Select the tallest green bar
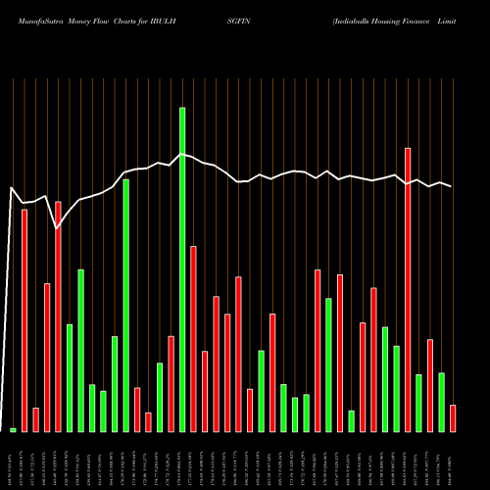click(182, 269)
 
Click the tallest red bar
click(408, 290)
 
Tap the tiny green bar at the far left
click(13, 430)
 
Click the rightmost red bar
click(453, 418)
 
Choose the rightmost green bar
click(442, 402)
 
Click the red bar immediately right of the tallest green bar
click(193, 339)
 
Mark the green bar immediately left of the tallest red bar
click(397, 389)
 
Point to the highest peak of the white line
click(181, 155)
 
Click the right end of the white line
click(452, 186)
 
